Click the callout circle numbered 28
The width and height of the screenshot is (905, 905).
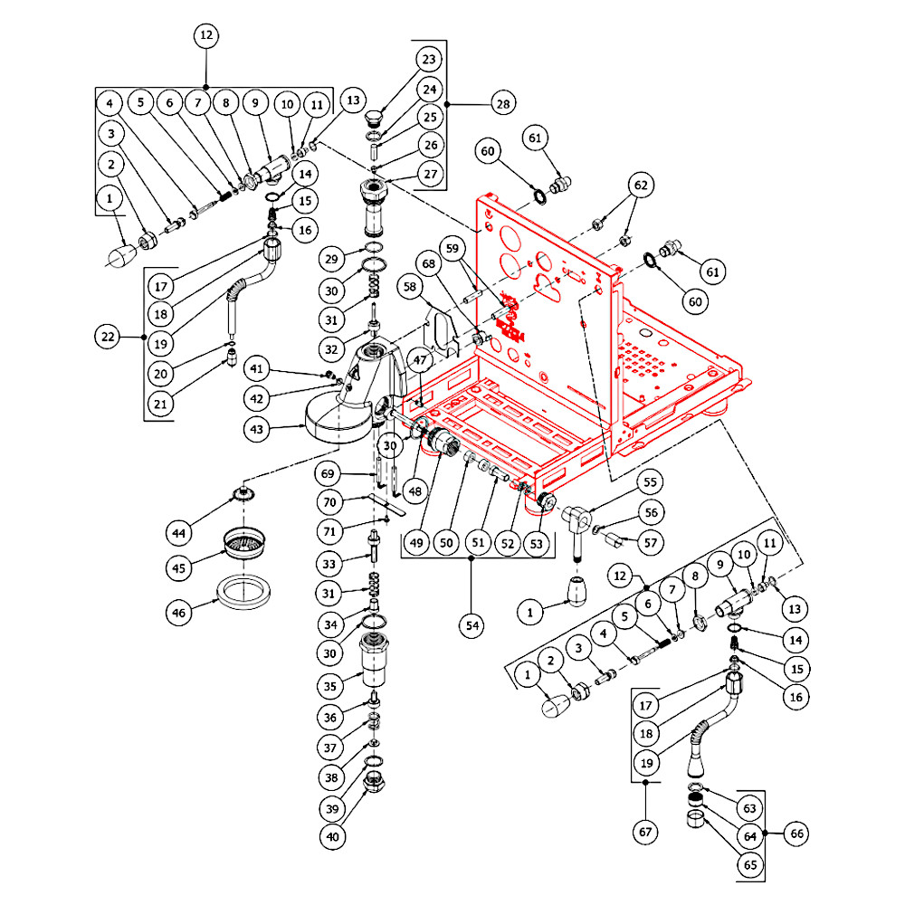click(x=503, y=104)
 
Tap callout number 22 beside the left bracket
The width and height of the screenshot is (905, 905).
click(x=108, y=337)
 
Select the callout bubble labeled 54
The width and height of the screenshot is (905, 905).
click(x=472, y=625)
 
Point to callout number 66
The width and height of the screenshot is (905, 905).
click(x=796, y=834)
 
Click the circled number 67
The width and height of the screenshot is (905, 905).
click(x=645, y=832)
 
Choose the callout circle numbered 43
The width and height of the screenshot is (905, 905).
click(x=257, y=429)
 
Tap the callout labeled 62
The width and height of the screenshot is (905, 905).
click(x=642, y=186)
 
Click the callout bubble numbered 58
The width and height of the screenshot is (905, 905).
click(x=410, y=286)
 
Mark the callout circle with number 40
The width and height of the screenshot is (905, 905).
click(x=332, y=836)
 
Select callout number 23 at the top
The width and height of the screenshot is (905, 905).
click(x=429, y=60)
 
